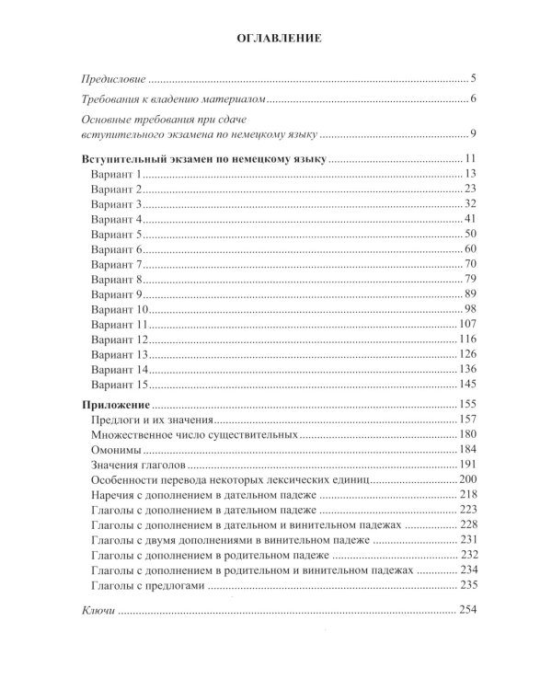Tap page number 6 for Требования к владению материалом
[x=470, y=99]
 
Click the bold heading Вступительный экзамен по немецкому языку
[x=201, y=159]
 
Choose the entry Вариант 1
[x=118, y=175]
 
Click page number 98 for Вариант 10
[x=466, y=310]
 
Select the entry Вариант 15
[x=121, y=385]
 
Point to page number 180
[x=463, y=436]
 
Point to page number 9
[x=470, y=135]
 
